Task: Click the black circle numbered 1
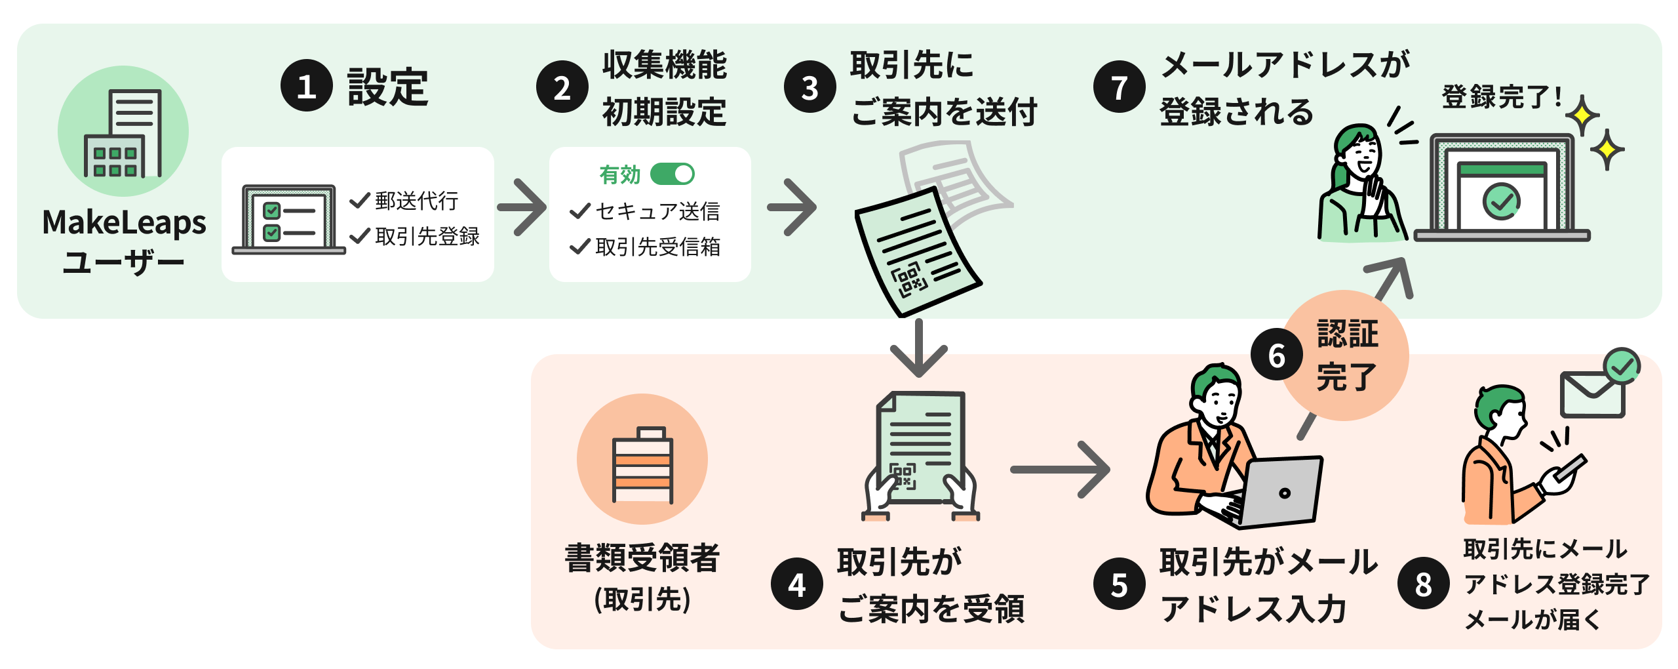pyautogui.click(x=306, y=86)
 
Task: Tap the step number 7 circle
pyautogui.click(x=1119, y=87)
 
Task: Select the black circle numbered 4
pyautogui.click(x=796, y=584)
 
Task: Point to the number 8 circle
pyautogui.click(x=1423, y=584)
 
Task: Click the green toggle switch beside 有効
pyautogui.click(x=672, y=174)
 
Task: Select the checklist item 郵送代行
pyautogui.click(x=416, y=201)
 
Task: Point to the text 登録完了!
pyautogui.click(x=1501, y=97)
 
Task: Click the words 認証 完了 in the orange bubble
pyautogui.click(x=1347, y=355)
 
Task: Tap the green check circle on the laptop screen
pyautogui.click(x=1501, y=201)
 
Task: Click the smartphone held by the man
pyautogui.click(x=1570, y=468)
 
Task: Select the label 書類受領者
pyautogui.click(x=642, y=558)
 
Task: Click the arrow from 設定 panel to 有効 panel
pyautogui.click(x=522, y=207)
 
